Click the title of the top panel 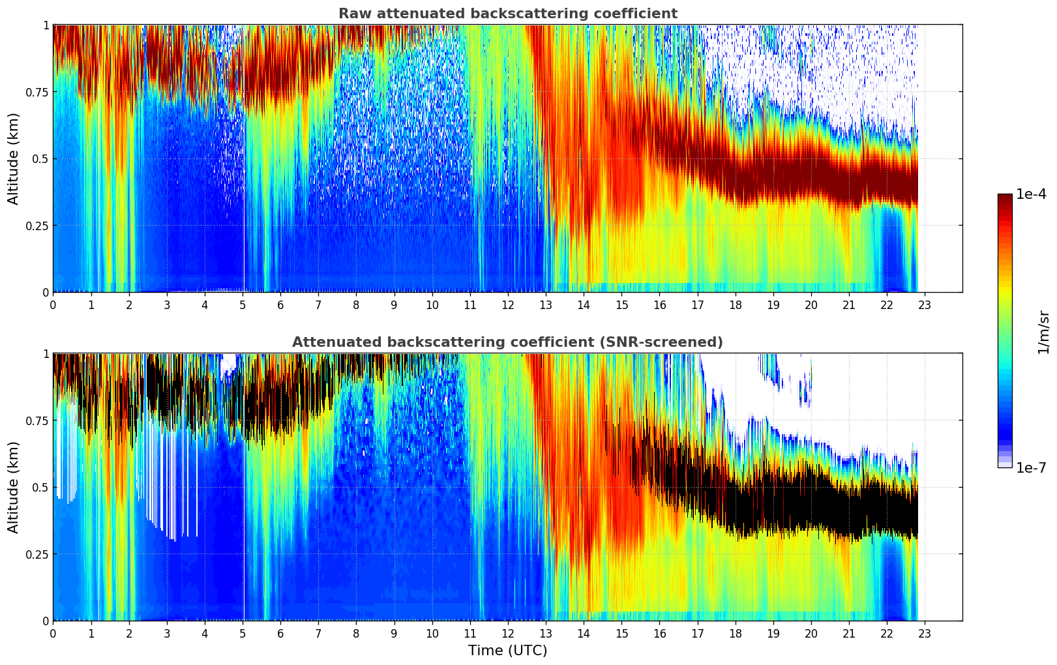point(507,14)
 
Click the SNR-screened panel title point(507,342)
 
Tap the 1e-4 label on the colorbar point(1031,194)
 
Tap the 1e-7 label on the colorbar point(1031,467)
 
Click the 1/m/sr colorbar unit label point(1043,332)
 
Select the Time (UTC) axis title point(507,651)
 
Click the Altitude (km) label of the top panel point(14,158)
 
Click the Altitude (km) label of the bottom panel point(14,487)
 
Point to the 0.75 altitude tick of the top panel point(37,92)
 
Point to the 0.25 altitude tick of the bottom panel point(37,554)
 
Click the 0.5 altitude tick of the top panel point(40,158)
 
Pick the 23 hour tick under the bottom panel point(925,633)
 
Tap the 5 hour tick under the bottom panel point(243,633)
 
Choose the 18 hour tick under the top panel point(735,304)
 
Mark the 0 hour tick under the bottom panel point(53,633)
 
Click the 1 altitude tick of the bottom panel point(46,354)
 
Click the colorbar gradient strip point(1004,331)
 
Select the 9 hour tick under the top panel point(394,304)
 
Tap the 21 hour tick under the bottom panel point(849,633)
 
